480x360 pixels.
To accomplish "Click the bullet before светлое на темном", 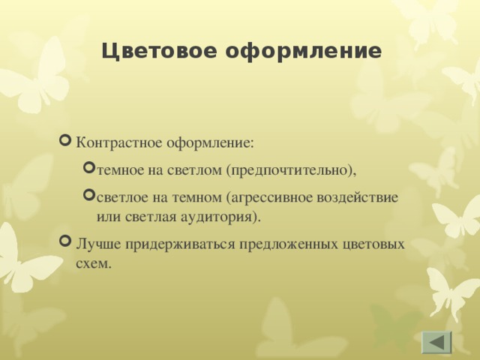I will tap(90, 196).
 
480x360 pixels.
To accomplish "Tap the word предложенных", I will tap(267, 245).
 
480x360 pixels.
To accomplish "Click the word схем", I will tap(93, 263).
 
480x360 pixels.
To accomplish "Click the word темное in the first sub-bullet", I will tap(119, 170).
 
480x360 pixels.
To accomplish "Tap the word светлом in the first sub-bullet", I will tap(193, 170).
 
